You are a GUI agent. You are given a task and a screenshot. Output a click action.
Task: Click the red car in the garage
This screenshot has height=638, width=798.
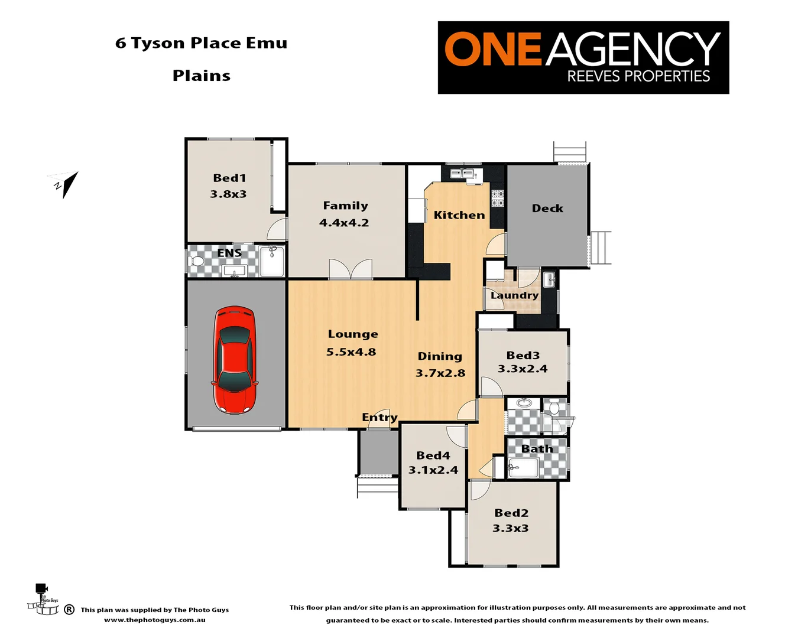(x=235, y=360)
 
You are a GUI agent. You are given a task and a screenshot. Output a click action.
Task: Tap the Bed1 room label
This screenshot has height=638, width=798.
(x=229, y=178)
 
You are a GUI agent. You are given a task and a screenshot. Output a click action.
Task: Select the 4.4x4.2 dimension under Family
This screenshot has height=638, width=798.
(x=344, y=223)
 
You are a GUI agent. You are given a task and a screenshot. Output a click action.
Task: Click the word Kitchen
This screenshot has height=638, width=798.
(x=459, y=215)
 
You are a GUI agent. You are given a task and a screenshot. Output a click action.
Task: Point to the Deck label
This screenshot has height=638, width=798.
(x=547, y=208)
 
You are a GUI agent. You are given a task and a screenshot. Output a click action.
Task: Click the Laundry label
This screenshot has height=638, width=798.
(x=514, y=295)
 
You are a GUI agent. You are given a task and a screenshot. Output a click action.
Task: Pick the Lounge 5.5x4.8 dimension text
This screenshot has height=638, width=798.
(x=351, y=351)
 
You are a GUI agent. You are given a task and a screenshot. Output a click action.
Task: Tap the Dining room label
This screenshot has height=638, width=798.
(x=440, y=356)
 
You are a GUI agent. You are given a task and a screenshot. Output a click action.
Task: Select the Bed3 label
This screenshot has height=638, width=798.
(x=523, y=355)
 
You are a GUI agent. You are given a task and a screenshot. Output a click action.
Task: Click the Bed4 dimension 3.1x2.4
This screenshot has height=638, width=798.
(x=433, y=470)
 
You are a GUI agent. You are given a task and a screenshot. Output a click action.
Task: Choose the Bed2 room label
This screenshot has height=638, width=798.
(x=511, y=513)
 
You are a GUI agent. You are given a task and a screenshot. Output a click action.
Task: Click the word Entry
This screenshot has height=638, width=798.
(x=379, y=417)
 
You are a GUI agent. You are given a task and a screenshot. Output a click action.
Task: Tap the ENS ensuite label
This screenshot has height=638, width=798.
(x=229, y=253)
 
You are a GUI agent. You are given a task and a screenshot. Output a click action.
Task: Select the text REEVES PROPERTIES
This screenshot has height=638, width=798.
(x=638, y=76)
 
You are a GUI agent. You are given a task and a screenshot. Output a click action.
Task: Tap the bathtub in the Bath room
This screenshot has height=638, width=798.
(x=523, y=468)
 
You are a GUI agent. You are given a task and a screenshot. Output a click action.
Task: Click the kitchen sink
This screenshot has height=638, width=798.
(x=463, y=174)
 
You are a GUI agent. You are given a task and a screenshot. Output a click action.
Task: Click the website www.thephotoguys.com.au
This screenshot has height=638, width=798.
(x=155, y=620)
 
